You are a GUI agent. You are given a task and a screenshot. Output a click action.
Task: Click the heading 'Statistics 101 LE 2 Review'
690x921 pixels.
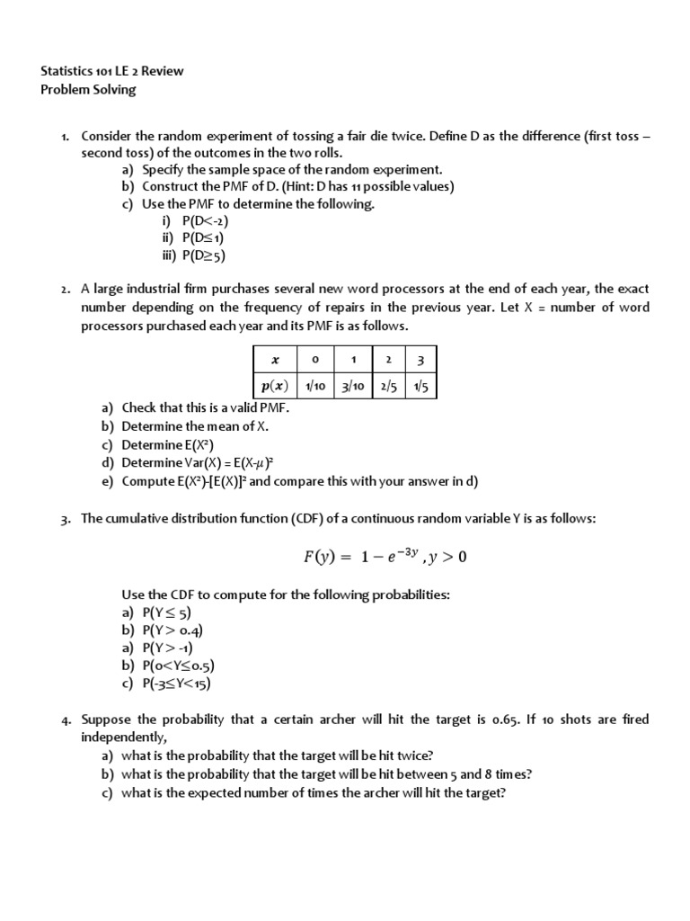point(113,71)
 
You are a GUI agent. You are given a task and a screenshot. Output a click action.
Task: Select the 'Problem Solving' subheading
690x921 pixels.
point(89,89)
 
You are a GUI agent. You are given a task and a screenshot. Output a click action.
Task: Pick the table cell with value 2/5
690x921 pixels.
point(387,386)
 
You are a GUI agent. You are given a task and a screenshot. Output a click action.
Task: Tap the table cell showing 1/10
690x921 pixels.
point(314,386)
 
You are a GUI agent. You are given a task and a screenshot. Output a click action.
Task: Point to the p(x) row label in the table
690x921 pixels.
point(275,386)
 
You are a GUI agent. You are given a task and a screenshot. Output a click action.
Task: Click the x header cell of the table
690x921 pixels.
point(275,360)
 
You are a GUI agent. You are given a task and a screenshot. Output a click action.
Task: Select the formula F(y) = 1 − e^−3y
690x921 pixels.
point(385,557)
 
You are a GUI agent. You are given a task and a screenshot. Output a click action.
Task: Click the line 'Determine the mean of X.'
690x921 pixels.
point(195,426)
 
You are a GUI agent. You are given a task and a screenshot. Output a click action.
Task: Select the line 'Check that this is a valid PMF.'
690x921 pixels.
point(206,408)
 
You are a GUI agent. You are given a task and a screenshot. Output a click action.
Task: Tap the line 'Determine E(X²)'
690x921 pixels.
point(168,444)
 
